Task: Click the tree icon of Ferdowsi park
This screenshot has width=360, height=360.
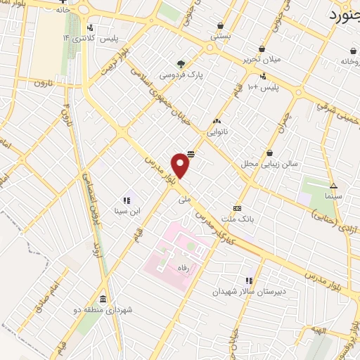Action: pos(181,63)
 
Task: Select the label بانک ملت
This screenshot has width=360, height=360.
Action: pos(237,219)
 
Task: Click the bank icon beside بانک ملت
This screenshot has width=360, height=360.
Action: pos(237,208)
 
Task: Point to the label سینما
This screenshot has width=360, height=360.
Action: pos(333,197)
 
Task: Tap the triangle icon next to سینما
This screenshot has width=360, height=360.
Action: pos(334,186)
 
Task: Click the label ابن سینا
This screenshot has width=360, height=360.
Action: pos(128,210)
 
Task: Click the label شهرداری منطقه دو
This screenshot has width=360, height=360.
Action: pos(107,309)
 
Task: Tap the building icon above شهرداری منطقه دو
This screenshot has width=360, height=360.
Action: pos(103,298)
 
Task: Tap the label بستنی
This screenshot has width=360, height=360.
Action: pos(221,34)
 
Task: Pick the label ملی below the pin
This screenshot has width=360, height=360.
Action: pos(184,199)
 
